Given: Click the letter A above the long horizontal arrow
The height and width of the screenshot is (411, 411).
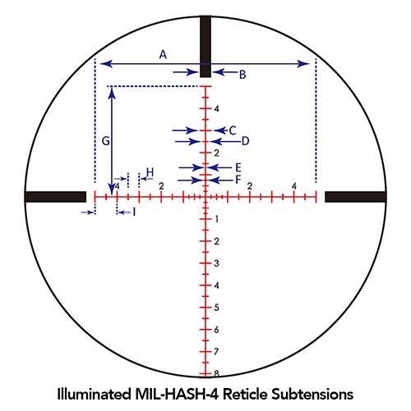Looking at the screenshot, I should [163, 55].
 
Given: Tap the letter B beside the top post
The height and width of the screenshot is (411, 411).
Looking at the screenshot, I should [242, 75].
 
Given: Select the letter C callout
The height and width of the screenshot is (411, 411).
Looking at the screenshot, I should [233, 130].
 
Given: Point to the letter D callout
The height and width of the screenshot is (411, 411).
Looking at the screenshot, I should [244, 140].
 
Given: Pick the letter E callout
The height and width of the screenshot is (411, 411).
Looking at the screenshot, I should [238, 167].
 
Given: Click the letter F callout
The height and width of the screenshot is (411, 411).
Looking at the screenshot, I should [238, 179].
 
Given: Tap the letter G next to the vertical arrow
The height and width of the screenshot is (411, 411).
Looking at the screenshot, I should [105, 141].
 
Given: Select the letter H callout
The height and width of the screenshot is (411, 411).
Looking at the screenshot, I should [150, 172].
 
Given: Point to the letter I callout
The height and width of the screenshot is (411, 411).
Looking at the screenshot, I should [133, 212].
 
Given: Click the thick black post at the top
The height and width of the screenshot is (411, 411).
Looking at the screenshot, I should [205, 39].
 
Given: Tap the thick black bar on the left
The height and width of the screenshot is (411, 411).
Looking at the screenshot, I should [55, 196].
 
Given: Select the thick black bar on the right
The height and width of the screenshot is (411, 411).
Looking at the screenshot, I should [355, 196].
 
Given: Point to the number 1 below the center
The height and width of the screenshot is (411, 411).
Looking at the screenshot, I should [215, 219].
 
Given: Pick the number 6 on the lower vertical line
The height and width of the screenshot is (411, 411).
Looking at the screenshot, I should [215, 329].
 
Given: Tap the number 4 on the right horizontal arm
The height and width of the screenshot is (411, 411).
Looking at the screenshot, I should [293, 185].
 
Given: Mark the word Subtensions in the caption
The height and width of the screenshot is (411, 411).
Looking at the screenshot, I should [316, 394].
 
